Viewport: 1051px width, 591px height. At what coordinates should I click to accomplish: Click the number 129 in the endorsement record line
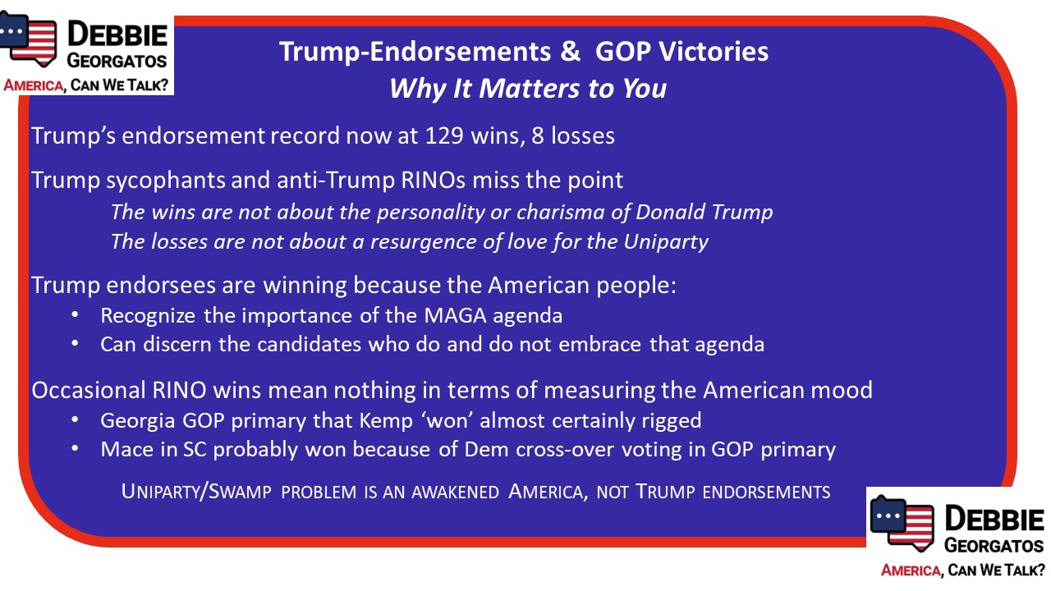tap(444, 135)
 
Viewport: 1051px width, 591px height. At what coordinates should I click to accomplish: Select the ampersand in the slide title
tap(570, 51)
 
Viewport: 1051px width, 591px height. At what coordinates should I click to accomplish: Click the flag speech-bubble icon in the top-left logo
tap(28, 39)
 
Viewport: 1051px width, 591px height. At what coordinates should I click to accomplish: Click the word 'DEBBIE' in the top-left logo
tap(117, 34)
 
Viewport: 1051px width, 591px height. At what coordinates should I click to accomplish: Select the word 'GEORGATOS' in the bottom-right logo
tap(994, 546)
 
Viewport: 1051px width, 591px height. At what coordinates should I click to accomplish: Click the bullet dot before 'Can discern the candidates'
tap(75, 344)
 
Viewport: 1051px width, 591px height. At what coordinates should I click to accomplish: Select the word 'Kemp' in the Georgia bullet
tap(386, 421)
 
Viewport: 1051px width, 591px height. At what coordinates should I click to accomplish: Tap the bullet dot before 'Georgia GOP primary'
tap(75, 419)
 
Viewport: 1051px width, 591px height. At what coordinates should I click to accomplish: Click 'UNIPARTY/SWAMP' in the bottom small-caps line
tap(196, 492)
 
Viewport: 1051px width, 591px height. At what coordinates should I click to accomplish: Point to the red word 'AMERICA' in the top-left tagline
tap(34, 85)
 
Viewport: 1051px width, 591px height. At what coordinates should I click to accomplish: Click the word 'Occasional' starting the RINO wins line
tap(89, 390)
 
